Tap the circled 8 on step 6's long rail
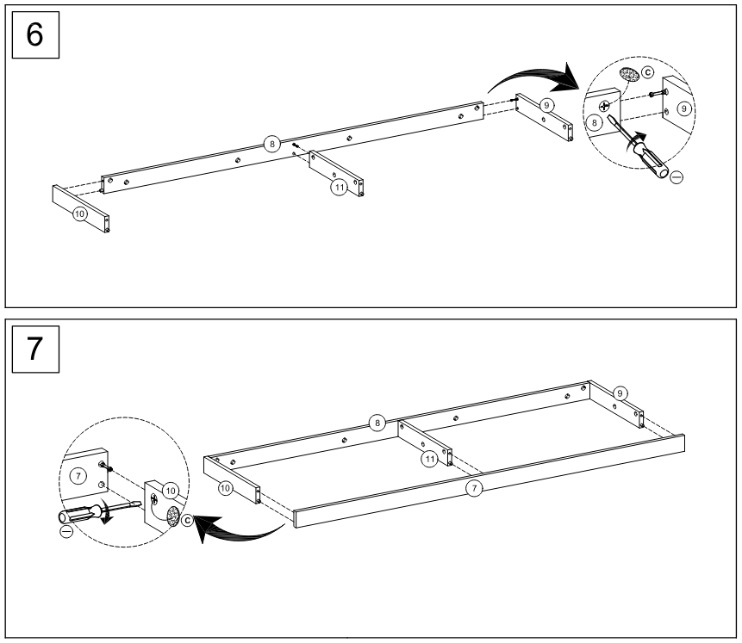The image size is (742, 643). click(x=272, y=145)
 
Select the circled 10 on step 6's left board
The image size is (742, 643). click(x=80, y=213)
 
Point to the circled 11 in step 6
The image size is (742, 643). click(x=340, y=186)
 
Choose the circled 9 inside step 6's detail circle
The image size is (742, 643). click(x=683, y=109)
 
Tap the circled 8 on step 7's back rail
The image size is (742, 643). click(x=377, y=423)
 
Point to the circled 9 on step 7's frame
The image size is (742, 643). click(x=620, y=393)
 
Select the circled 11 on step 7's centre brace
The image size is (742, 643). click(x=428, y=460)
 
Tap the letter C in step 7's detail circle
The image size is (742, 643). click(x=188, y=520)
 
